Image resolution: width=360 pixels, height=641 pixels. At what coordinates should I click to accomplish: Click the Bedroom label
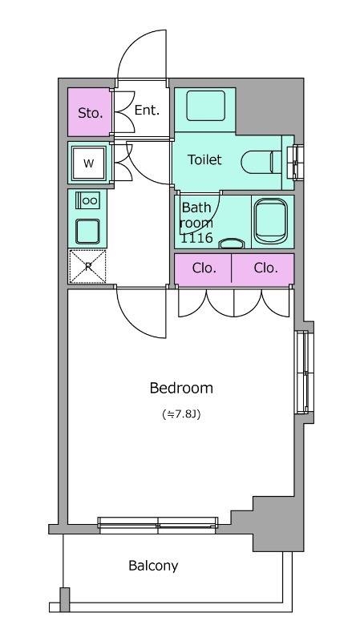(x=181, y=388)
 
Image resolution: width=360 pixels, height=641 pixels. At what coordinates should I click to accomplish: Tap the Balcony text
(x=153, y=566)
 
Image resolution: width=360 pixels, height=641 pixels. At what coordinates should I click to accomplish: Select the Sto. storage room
(x=90, y=112)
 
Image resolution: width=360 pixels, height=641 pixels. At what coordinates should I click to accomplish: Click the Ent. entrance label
(x=147, y=110)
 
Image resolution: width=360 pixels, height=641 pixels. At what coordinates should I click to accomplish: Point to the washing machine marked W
(x=89, y=163)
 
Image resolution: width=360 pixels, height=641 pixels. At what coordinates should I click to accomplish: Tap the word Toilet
(x=204, y=159)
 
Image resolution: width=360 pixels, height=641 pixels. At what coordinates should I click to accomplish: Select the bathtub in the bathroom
(x=271, y=221)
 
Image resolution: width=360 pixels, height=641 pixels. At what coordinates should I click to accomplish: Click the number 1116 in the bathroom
(x=196, y=237)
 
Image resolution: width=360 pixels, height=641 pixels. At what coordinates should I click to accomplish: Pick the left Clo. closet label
(x=204, y=268)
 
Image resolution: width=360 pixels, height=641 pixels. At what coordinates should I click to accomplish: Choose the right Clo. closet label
(x=266, y=268)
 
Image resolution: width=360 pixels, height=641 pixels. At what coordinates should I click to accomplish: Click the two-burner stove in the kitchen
(x=87, y=200)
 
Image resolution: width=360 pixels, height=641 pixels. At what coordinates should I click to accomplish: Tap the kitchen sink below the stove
(x=87, y=231)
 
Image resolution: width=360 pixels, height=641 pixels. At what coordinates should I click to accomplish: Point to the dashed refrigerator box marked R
(x=87, y=267)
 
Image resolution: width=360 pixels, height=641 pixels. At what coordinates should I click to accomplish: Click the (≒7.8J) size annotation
(x=181, y=414)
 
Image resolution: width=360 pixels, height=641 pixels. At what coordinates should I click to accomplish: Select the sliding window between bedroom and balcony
(x=158, y=525)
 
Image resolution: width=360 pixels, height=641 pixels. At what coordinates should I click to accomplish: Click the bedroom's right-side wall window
(x=302, y=372)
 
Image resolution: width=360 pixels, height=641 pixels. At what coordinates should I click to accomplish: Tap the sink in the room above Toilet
(x=206, y=106)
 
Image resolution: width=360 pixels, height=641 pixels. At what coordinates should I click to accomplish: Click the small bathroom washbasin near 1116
(x=232, y=244)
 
